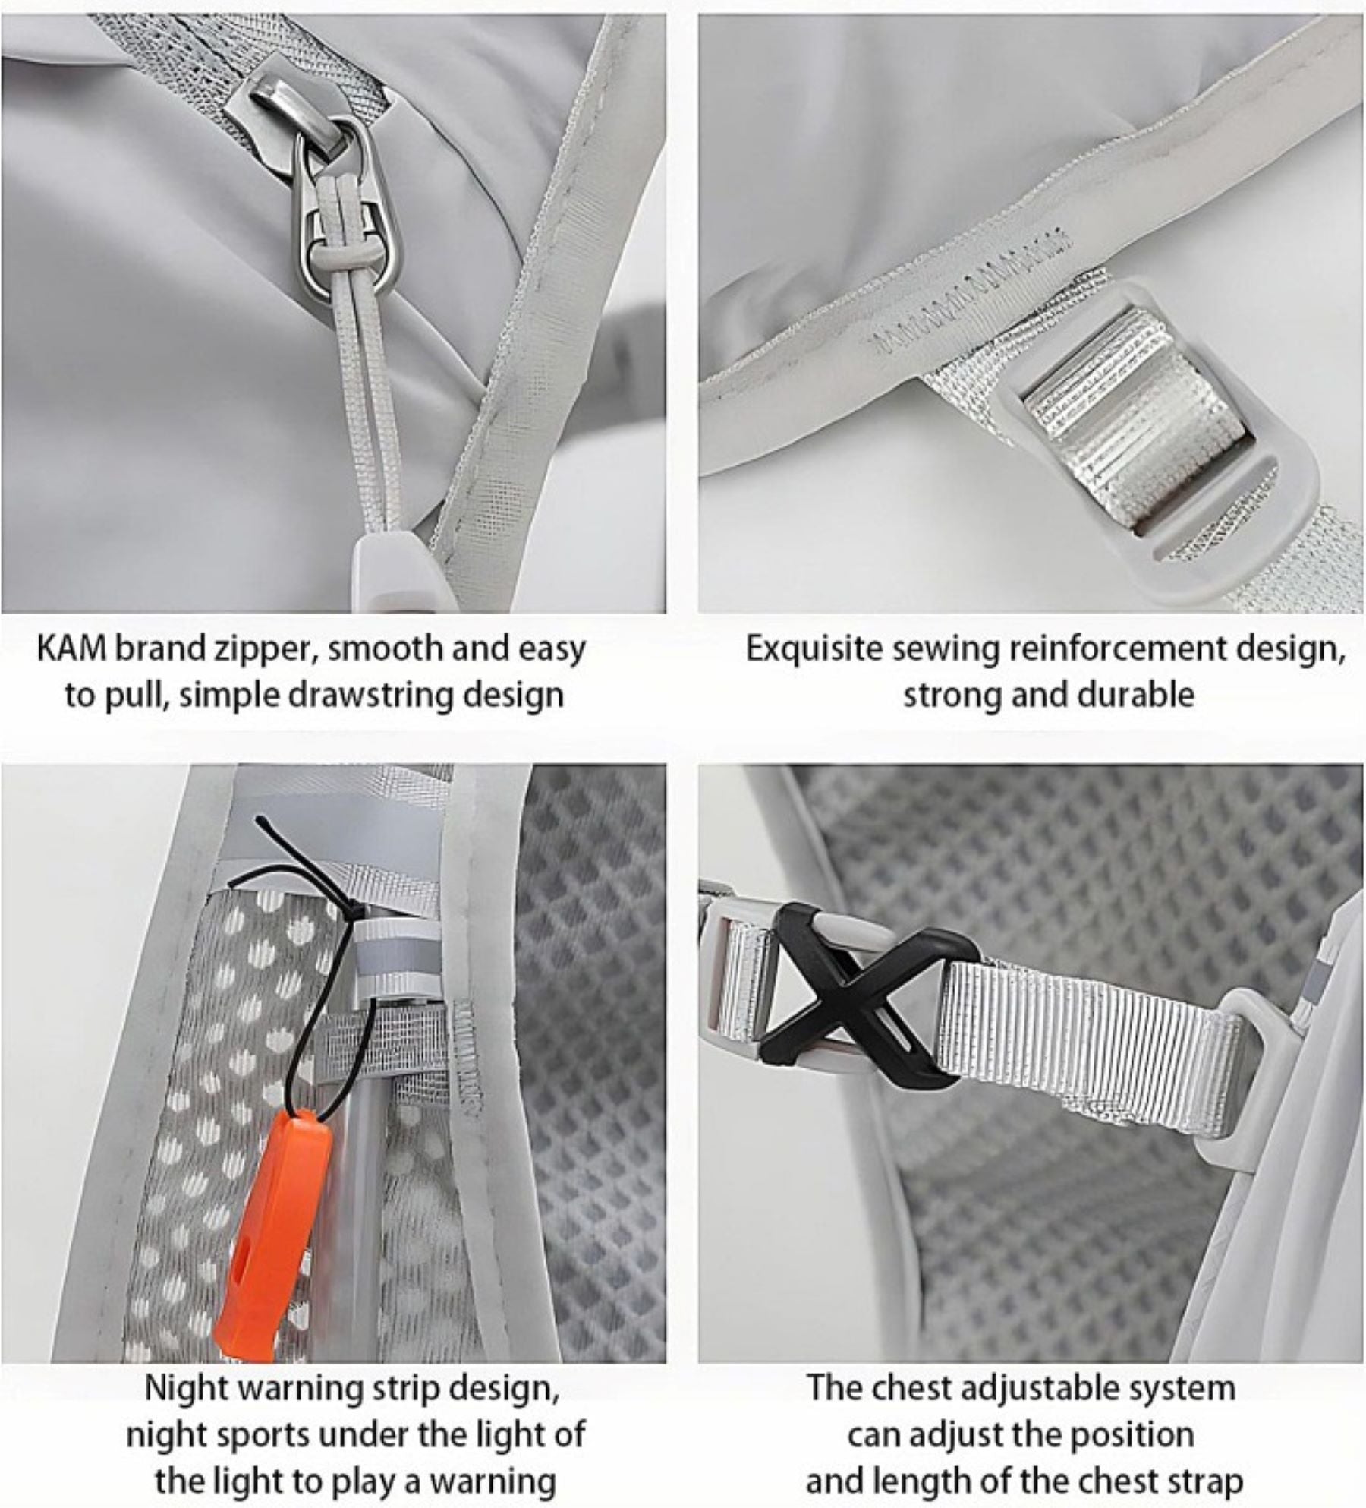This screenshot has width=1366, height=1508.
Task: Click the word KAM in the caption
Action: pyautogui.click(x=73, y=649)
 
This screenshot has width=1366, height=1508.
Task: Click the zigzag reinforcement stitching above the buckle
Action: pyautogui.click(x=971, y=292)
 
